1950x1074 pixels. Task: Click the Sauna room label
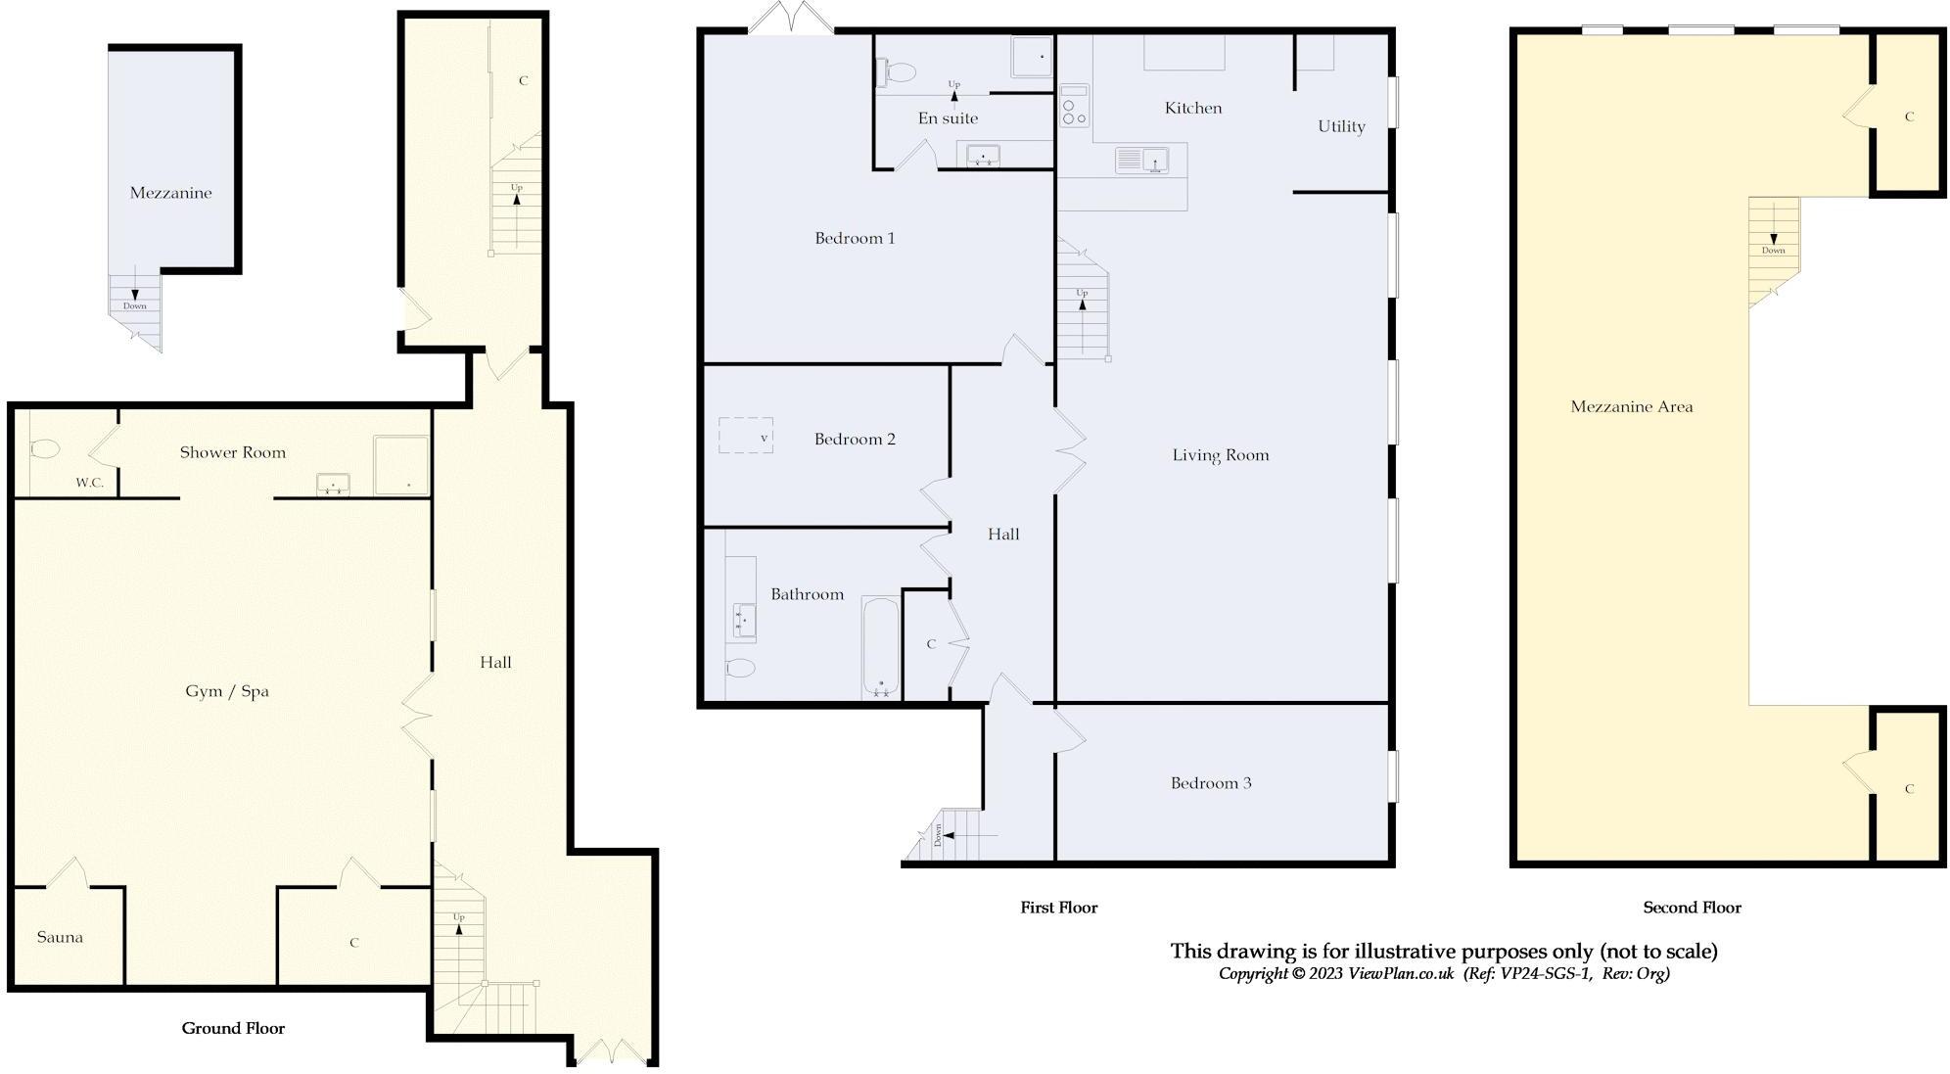click(x=60, y=937)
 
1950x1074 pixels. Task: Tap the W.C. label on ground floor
click(x=89, y=483)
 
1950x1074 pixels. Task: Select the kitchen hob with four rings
click(x=1074, y=106)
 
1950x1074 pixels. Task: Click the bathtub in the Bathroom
click(x=879, y=647)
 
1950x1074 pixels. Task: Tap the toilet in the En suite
click(x=897, y=70)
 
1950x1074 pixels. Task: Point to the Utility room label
click(x=1341, y=126)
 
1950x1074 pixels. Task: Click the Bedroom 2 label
click(x=855, y=439)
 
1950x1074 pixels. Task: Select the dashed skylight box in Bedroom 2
click(x=746, y=436)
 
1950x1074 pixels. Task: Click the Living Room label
click(x=1220, y=455)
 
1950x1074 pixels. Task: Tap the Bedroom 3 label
click(x=1211, y=783)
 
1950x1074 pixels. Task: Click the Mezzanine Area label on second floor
click(x=1631, y=407)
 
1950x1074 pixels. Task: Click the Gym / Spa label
click(x=226, y=691)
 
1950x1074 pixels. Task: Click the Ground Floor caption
click(x=233, y=1028)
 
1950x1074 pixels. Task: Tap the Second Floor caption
click(x=1692, y=908)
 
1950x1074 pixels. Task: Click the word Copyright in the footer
click(x=1254, y=973)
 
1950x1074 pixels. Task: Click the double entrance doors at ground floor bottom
click(x=612, y=1051)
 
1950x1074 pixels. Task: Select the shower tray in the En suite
click(x=1032, y=57)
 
